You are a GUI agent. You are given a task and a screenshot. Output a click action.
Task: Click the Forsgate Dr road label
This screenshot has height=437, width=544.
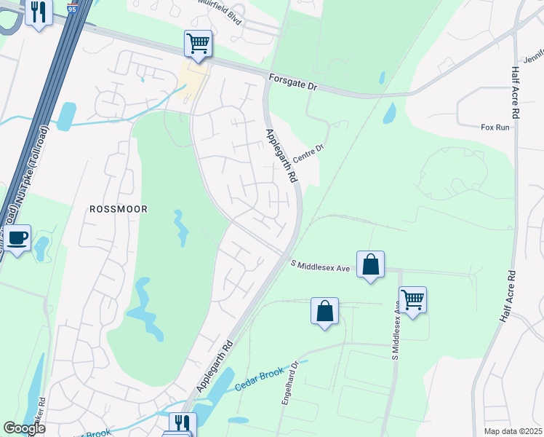294,82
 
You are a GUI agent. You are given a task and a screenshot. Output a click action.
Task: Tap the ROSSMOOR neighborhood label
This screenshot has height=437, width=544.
118,209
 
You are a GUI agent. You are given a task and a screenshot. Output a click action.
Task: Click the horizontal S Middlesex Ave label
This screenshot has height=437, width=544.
321,267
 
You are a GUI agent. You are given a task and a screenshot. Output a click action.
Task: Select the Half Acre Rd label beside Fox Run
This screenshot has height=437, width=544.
514,92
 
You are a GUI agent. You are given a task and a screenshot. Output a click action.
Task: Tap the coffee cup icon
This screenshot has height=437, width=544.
18,237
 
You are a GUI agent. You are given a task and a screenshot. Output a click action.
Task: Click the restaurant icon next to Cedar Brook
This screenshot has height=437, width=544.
182,424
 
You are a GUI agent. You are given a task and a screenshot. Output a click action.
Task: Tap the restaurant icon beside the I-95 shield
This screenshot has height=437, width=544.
39,11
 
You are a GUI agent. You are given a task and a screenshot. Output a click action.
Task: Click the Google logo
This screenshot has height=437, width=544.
24,428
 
